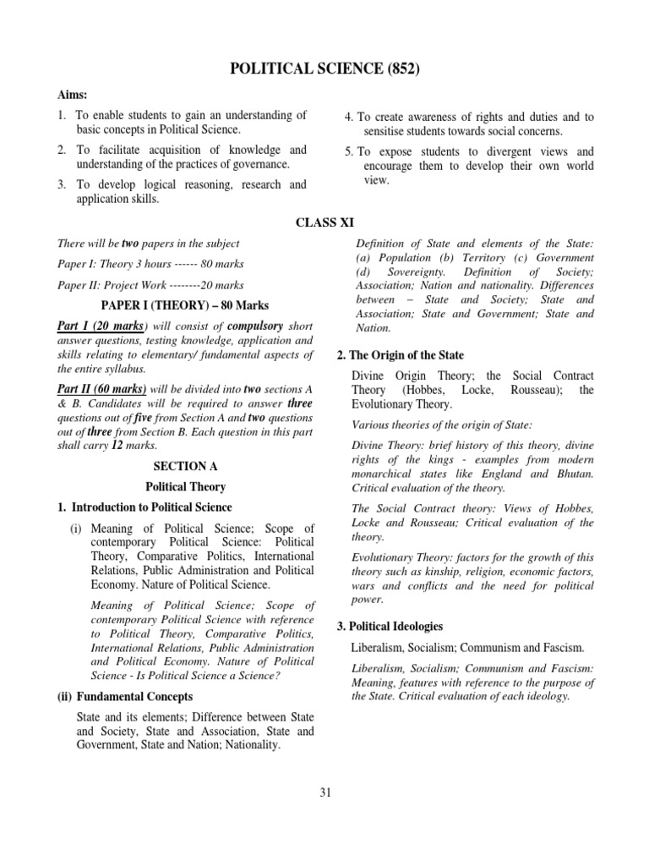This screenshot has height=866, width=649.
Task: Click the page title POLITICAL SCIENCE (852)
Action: click(x=324, y=70)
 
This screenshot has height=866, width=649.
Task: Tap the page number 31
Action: click(x=325, y=792)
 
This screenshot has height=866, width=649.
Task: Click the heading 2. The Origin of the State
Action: click(x=400, y=355)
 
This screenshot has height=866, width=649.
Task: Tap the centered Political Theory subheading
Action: click(x=185, y=486)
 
